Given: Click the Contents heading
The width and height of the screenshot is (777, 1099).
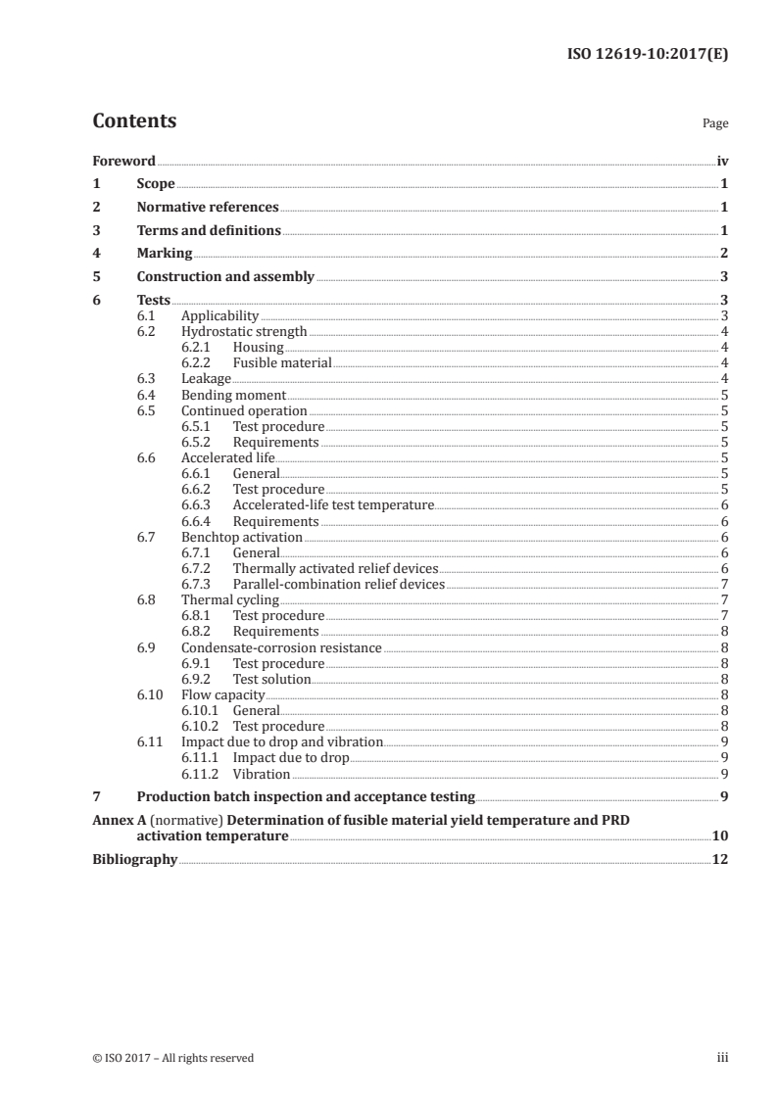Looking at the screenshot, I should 134,121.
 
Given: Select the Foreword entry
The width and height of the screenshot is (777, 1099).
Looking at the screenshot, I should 123,161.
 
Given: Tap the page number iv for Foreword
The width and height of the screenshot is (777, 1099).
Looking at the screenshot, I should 722,161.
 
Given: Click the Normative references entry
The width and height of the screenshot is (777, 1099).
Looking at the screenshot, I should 208,208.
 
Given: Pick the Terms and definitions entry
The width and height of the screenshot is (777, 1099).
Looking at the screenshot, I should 209,231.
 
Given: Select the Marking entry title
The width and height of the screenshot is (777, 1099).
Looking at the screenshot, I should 165,254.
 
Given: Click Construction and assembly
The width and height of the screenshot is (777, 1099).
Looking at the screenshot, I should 225,277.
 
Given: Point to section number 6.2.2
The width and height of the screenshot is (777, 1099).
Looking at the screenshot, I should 200,363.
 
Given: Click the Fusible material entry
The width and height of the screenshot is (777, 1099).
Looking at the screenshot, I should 282,363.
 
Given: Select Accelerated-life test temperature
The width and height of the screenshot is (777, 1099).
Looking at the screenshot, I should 333,505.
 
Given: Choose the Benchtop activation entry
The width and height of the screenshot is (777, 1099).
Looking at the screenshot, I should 242,538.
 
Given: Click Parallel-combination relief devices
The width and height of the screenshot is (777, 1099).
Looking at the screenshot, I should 338,585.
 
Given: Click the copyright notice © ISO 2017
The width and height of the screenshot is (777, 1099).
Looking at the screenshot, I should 173,1058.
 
